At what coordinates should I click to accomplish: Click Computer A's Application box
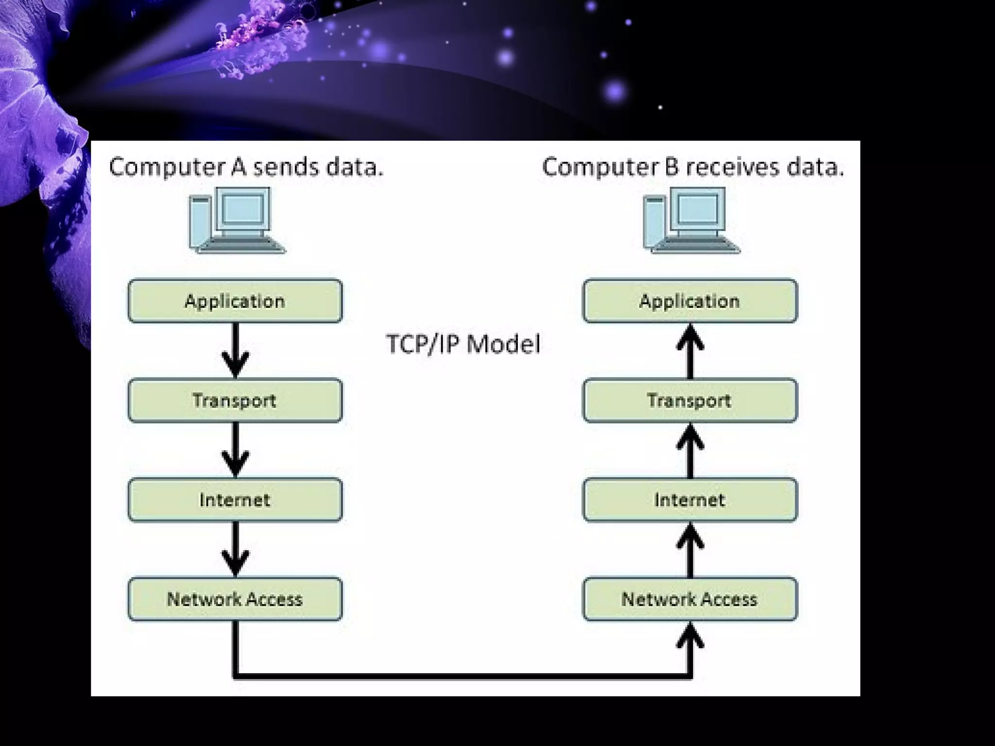235,301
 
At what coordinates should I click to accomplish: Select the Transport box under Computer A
235,400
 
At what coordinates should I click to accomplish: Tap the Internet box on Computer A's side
235,500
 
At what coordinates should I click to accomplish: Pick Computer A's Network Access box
235,599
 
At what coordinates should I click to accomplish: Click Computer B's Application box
690,301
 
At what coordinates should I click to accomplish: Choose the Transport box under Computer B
690,400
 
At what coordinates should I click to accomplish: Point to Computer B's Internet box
690,500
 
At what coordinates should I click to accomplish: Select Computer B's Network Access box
690,599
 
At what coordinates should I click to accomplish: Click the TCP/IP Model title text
463,344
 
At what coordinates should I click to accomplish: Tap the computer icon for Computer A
237,220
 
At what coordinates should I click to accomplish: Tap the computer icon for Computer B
691,220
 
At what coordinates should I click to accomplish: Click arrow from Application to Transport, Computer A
236,351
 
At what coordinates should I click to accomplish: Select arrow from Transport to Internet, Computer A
236,450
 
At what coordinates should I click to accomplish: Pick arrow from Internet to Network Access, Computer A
236,550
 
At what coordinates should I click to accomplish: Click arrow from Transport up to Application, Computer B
690,351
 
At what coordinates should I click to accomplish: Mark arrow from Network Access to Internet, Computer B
690,550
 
